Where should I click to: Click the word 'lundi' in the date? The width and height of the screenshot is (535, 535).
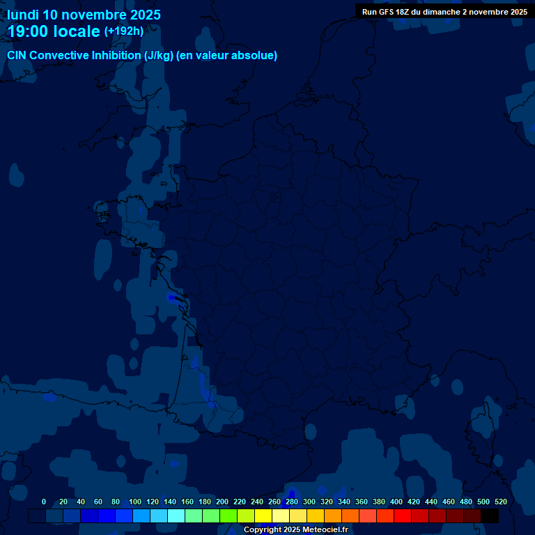[22, 15]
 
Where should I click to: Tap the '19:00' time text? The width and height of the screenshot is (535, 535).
[29, 31]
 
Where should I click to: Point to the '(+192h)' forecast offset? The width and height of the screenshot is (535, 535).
[124, 31]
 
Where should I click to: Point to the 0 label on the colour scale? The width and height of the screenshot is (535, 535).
[44, 502]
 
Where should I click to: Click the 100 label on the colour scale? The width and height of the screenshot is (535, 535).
[135, 502]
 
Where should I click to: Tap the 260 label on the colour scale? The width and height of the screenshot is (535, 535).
[274, 502]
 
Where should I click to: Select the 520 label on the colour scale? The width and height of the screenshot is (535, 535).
[501, 502]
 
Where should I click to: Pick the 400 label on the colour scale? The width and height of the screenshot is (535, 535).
[396, 502]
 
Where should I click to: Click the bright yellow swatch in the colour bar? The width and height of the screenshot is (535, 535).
[263, 516]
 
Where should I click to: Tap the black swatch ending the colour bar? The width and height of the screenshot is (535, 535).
[490, 516]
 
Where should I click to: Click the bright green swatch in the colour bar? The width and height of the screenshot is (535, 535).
[228, 516]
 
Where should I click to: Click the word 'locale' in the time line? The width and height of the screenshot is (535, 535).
[77, 31]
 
